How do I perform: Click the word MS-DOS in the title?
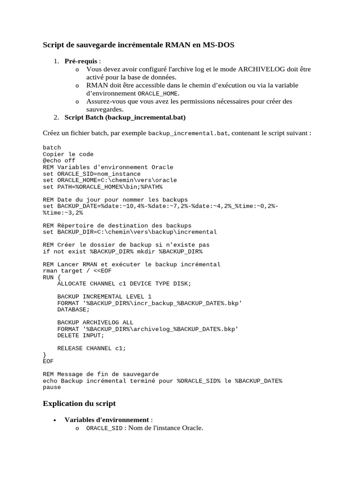pos(218,45)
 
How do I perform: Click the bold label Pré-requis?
pos(81,61)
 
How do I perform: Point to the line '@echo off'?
pos(59,160)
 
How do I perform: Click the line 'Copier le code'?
pos(68,154)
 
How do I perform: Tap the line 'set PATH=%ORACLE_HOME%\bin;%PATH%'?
pos(103,187)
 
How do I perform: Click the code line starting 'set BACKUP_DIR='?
pos(130,232)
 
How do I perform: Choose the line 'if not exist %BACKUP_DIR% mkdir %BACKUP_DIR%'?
pos(123,251)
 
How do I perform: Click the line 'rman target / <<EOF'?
pos(77,270)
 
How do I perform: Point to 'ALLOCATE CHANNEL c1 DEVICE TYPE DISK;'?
pos(124,284)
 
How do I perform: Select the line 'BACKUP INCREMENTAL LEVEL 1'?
pos(104,296)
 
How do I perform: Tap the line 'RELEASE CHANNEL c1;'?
pos(92,348)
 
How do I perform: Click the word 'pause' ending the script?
pos(52,387)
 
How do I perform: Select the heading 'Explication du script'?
pos(79,403)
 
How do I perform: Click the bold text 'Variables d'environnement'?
pos(107,420)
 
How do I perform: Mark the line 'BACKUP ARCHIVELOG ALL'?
pos(95,322)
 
